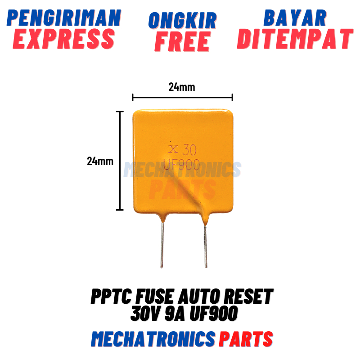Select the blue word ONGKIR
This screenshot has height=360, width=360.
(183, 20)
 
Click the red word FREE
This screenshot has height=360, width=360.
(183, 41)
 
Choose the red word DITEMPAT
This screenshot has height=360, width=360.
(295, 39)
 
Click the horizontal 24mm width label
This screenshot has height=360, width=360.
(182, 87)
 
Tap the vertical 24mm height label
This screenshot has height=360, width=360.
(100, 161)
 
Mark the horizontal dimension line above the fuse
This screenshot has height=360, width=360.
(182, 96)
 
